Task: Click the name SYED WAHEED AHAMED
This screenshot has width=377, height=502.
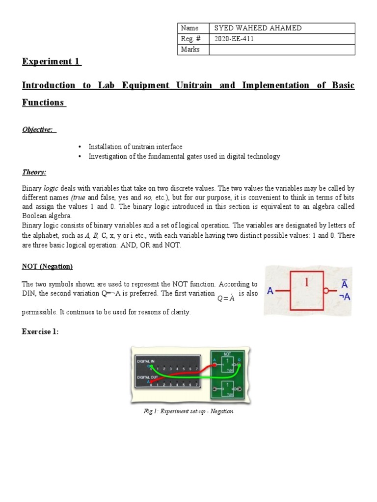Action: (x=255, y=28)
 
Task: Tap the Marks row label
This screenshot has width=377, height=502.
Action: (x=190, y=50)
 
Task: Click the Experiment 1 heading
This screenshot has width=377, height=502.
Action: (x=52, y=62)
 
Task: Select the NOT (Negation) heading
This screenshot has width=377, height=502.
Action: (x=47, y=266)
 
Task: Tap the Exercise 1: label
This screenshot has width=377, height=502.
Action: (x=40, y=332)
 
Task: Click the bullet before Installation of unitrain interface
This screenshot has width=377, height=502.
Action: (x=80, y=147)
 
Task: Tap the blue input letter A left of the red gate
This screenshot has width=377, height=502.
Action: (x=270, y=291)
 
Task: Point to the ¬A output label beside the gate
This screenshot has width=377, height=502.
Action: (x=345, y=297)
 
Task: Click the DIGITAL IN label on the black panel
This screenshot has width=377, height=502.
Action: (x=146, y=361)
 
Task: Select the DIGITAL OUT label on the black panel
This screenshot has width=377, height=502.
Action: (x=147, y=376)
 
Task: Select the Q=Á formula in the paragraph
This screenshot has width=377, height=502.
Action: (x=226, y=299)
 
